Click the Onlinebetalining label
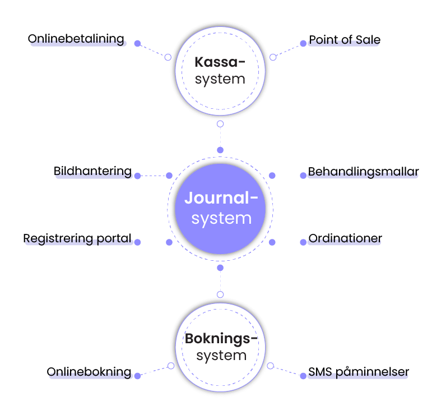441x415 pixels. coord(76,39)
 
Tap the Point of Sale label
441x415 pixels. coord(345,40)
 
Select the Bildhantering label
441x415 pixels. coord(92,171)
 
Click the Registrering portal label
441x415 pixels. coord(77,238)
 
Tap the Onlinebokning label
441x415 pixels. coord(89,372)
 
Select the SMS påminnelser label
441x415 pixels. coord(359,371)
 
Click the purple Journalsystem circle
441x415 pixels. coord(220,209)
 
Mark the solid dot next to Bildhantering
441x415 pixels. coord(137,176)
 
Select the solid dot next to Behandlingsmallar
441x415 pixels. coord(303,176)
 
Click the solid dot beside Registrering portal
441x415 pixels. coord(137,242)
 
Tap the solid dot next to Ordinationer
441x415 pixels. coord(303,242)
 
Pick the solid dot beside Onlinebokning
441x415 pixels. coord(137,375)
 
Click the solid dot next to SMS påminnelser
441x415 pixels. coord(303,375)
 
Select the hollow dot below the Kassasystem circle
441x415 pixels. coord(220,124)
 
